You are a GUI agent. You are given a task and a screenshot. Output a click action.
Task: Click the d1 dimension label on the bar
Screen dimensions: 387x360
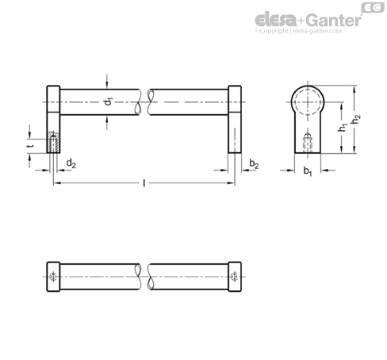(x=109, y=101)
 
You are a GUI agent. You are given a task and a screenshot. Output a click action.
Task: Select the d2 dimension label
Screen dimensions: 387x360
(x=71, y=163)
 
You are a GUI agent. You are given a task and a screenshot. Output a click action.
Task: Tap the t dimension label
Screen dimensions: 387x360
(x=31, y=145)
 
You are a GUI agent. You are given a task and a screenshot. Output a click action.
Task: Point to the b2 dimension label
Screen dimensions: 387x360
(x=254, y=164)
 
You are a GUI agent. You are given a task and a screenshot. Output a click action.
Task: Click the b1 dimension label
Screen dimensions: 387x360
(x=308, y=171)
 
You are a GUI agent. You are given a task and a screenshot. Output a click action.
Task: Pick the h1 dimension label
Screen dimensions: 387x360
(x=343, y=127)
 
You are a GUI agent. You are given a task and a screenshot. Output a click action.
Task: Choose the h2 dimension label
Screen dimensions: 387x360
(x=356, y=119)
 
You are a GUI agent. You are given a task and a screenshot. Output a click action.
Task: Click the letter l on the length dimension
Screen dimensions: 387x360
(x=144, y=183)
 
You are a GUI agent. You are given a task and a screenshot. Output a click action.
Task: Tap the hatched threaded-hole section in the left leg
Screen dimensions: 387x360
(x=53, y=142)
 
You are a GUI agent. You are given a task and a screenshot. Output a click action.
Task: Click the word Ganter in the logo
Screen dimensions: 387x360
(x=334, y=21)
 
